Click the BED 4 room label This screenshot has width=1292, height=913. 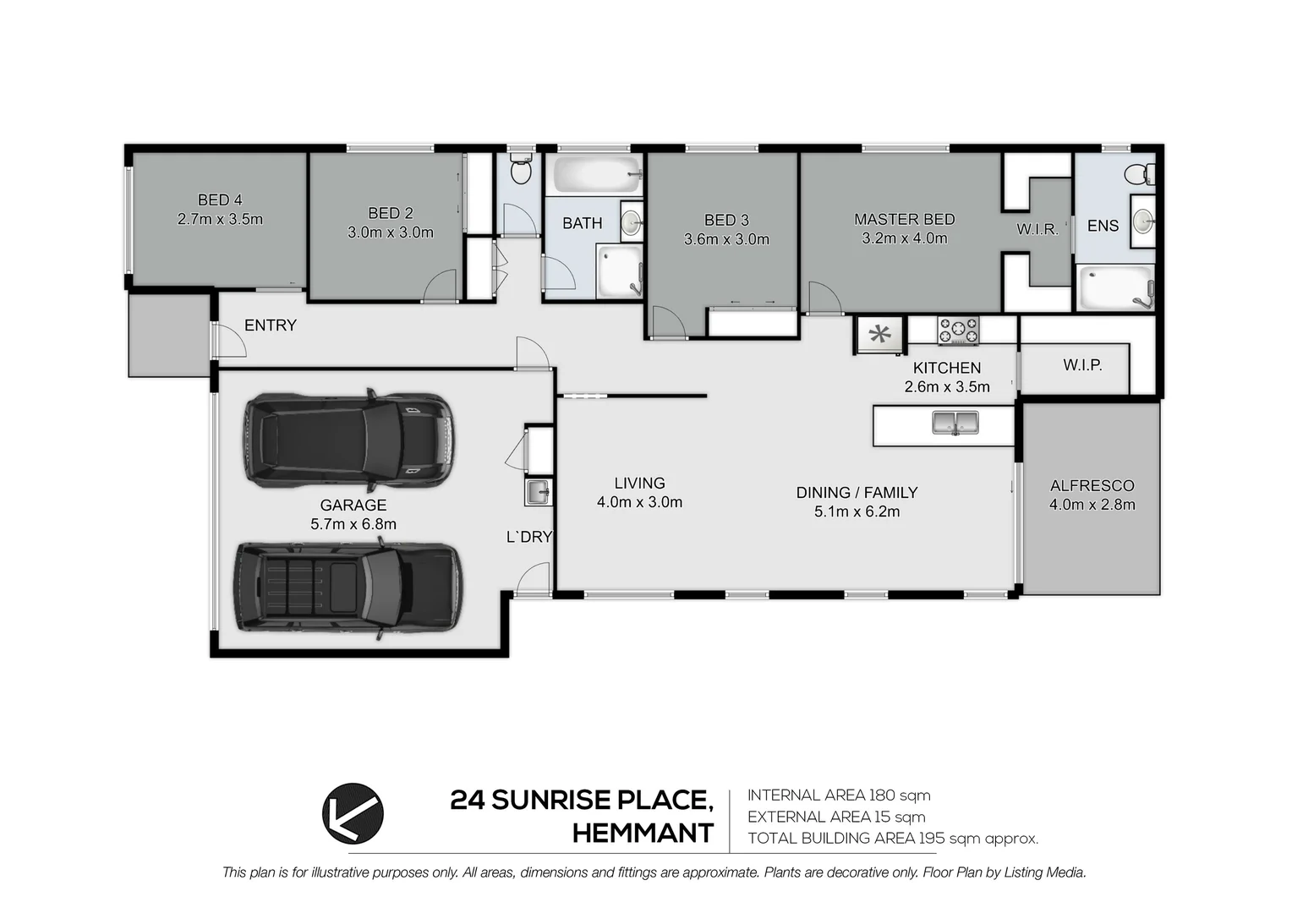tap(220, 200)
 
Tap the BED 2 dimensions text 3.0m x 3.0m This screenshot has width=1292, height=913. tap(390, 232)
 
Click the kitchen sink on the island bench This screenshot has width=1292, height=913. tap(955, 422)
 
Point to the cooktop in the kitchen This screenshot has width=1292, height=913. tap(957, 331)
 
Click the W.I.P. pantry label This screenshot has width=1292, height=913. tap(1082, 365)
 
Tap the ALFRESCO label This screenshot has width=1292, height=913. tap(1092, 486)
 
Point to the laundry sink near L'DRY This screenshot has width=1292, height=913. tap(537, 492)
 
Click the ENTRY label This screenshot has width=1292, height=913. tap(270, 325)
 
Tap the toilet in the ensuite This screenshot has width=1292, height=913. tap(1138, 174)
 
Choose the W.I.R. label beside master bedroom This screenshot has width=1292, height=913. tap(1037, 229)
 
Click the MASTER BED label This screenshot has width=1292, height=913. tap(904, 220)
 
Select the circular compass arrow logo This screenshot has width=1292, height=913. tap(353, 814)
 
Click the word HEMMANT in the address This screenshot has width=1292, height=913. tap(643, 834)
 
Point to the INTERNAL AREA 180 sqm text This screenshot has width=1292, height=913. tap(838, 795)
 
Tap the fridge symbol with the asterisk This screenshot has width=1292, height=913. tap(880, 334)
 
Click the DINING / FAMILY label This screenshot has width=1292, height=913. tap(856, 493)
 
